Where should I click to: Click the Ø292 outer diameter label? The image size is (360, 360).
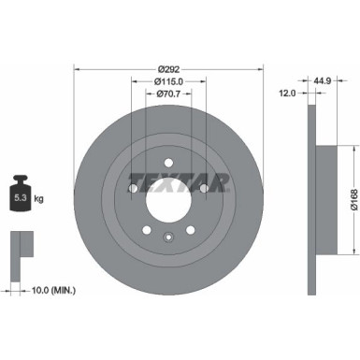(168, 68)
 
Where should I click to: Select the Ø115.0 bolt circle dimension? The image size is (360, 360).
(168, 82)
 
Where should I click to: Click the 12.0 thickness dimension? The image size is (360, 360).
(287, 94)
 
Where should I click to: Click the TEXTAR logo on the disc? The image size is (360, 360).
(168, 178)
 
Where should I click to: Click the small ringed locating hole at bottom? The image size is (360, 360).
(168, 237)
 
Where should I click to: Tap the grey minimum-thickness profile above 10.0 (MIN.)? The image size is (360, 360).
(18, 247)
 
